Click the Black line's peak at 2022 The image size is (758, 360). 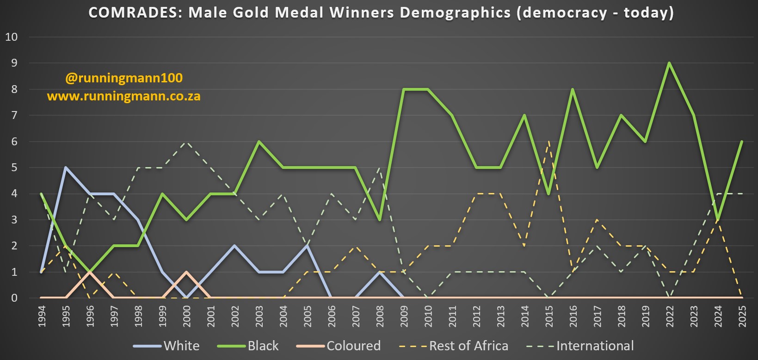click(669, 63)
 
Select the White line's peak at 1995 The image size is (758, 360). click(66, 168)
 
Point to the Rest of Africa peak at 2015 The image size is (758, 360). click(548, 142)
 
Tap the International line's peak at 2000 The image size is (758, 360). click(186, 142)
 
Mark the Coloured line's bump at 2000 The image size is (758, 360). click(186, 272)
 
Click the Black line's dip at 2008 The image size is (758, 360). click(380, 220)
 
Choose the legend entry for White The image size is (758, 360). click(166, 346)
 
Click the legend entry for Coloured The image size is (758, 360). click(339, 346)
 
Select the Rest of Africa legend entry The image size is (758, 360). click(454, 346)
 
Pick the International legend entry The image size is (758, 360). click(580, 346)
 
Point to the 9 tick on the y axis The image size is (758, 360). click(14, 63)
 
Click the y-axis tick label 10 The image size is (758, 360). click(12, 37)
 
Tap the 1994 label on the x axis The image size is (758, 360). click(42, 317)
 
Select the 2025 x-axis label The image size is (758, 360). click(742, 317)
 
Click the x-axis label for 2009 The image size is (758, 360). click(404, 317)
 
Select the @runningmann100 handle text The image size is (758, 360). click(124, 78)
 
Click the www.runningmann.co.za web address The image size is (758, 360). click(124, 97)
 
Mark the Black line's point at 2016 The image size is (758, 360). click(573, 89)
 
